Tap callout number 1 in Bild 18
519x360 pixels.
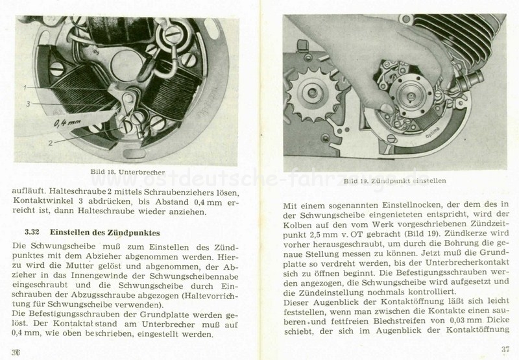click(23, 86)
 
